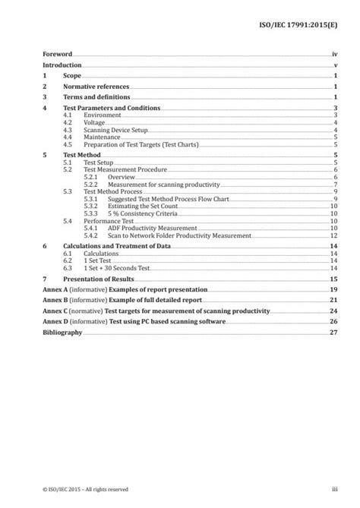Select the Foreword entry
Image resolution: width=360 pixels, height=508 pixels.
pos(57,55)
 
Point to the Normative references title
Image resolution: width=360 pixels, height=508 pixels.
pos(96,87)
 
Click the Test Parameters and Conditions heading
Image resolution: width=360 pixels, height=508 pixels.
pos(111,109)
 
